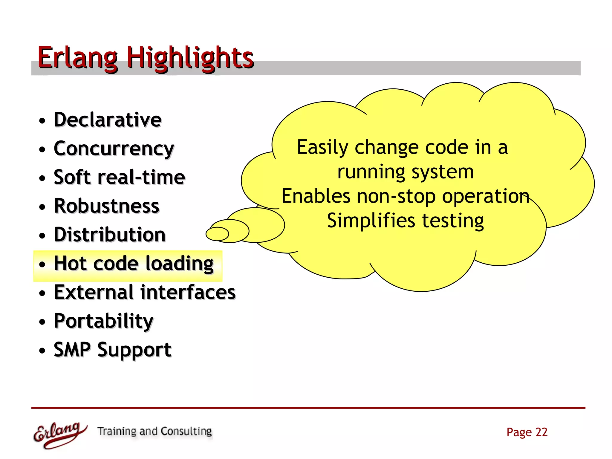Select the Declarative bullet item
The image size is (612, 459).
coord(108,120)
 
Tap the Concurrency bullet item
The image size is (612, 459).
coord(114,149)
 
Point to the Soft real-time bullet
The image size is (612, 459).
coord(119,177)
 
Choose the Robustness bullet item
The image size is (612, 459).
coord(106,206)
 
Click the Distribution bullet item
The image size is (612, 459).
coord(109,235)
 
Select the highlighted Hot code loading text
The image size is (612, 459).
coord(134,264)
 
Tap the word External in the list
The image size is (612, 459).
coord(94,292)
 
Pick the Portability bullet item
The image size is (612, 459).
coord(103,321)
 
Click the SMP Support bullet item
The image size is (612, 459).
coord(112,350)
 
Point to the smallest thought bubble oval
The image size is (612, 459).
coord(217,234)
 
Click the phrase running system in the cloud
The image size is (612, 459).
coord(405,172)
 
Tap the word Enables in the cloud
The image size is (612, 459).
coord(316,196)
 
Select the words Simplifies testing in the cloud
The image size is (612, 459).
coord(405,221)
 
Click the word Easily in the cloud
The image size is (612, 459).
coord(322,147)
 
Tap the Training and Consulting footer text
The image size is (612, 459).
coord(154,431)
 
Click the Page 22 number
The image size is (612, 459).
coord(527,432)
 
